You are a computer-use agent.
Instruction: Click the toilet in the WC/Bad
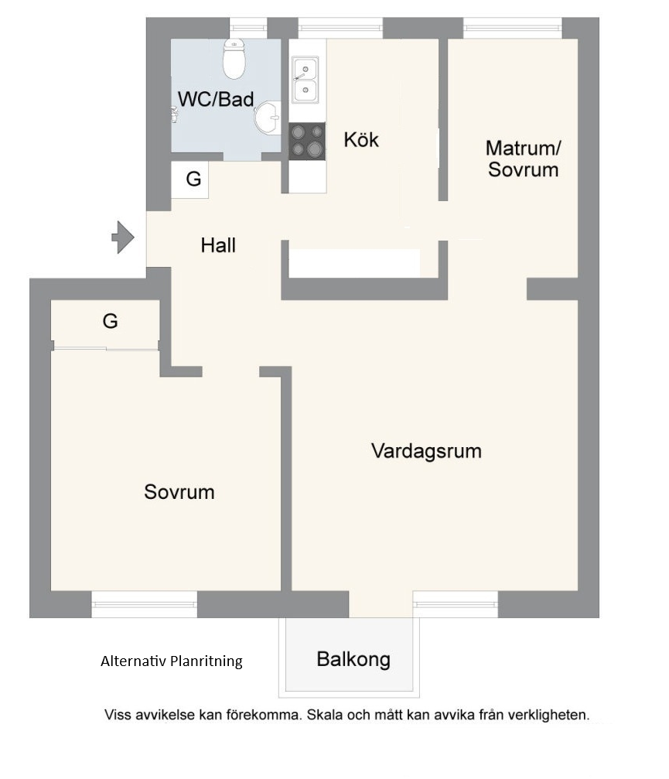point(234,59)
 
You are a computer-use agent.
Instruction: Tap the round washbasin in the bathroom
point(268,118)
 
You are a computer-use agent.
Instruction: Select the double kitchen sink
point(305,80)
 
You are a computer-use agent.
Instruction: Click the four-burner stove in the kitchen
point(307,141)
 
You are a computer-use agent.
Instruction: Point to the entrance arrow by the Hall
point(123,237)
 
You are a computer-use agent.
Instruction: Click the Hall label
point(218,245)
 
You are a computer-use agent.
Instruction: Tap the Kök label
point(361,139)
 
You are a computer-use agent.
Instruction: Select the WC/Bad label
point(216,99)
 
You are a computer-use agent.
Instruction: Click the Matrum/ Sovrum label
point(523,159)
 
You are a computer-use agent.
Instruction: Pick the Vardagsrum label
point(426,451)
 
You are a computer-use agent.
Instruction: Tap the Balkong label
point(353,659)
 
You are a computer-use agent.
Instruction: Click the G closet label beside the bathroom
point(193,179)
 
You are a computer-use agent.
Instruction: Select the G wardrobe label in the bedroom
point(110,321)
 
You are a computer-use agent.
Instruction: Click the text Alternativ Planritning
point(172,661)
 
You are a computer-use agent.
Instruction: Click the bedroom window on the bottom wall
point(145,604)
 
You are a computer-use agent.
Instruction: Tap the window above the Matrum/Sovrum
point(513,28)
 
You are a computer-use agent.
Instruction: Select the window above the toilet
point(248,28)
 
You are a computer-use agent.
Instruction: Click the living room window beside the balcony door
point(456,603)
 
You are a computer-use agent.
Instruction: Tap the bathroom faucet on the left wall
point(174,114)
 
